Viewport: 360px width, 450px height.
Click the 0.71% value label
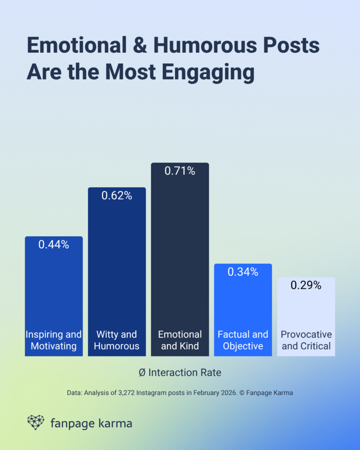[x=180, y=171]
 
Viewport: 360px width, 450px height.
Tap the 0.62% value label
[x=116, y=196]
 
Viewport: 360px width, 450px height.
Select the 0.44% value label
[x=54, y=245]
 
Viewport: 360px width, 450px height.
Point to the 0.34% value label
[x=243, y=272]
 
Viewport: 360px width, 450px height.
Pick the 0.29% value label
[x=306, y=285]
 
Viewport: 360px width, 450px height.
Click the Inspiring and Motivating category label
[x=54, y=340]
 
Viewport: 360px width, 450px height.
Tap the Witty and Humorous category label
[x=116, y=340]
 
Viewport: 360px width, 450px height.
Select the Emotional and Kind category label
[x=180, y=340]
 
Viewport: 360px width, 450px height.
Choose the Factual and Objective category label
[x=243, y=340]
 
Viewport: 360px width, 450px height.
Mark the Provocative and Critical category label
[x=306, y=340]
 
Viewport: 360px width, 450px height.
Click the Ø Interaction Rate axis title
[x=180, y=373]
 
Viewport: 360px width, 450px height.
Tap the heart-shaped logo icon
[x=36, y=422]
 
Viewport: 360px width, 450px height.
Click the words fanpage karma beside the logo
[x=91, y=424]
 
